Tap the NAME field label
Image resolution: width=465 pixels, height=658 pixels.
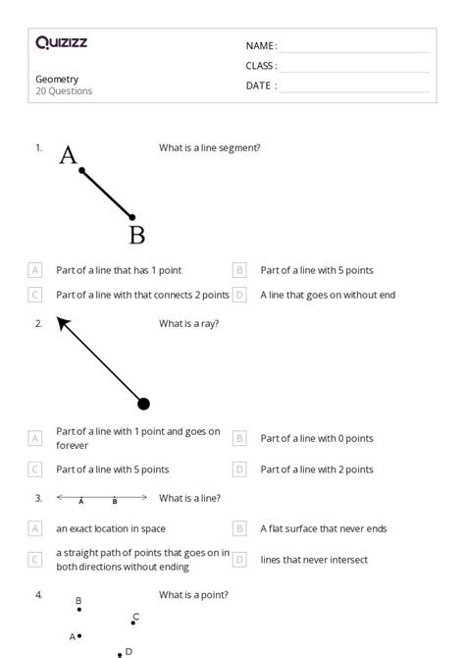pos(260,46)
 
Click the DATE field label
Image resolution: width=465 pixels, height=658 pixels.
pos(260,85)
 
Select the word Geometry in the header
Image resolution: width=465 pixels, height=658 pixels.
pos(57,80)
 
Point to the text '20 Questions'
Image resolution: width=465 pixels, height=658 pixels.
pos(64,91)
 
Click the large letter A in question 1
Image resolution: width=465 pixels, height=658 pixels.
pos(68,155)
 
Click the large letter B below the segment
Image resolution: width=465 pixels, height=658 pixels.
pos(137,235)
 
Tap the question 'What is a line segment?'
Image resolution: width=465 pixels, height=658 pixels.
pos(209,148)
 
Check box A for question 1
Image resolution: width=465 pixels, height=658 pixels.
pos(35,270)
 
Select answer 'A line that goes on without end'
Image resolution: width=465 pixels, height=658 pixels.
pos(328,295)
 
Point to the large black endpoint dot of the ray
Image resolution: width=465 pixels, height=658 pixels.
pos(143,403)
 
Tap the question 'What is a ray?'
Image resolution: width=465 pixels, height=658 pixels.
pos(188,323)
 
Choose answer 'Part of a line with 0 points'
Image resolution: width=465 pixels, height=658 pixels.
pos(316,438)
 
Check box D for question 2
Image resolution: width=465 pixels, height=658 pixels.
pos(239,469)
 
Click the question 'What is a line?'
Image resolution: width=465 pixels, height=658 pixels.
pos(189,499)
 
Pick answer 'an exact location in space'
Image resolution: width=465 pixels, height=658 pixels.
pos(111,528)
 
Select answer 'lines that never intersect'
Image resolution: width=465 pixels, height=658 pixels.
pos(314,560)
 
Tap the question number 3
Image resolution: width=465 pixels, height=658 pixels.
pos(38,499)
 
